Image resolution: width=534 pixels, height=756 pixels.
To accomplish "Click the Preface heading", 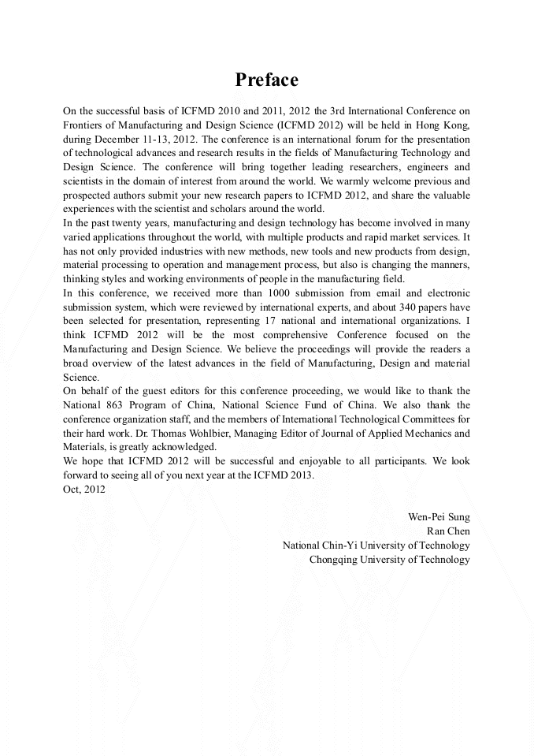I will pyautogui.click(x=267, y=80).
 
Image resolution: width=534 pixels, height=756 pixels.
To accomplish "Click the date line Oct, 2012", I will pyautogui.click(x=83, y=489).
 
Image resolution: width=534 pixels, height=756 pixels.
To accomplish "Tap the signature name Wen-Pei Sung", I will pyautogui.click(x=439, y=516).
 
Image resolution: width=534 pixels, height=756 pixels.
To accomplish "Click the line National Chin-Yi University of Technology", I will pyautogui.click(x=376, y=545).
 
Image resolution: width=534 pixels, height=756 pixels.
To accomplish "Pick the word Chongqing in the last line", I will pyautogui.click(x=335, y=559).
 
